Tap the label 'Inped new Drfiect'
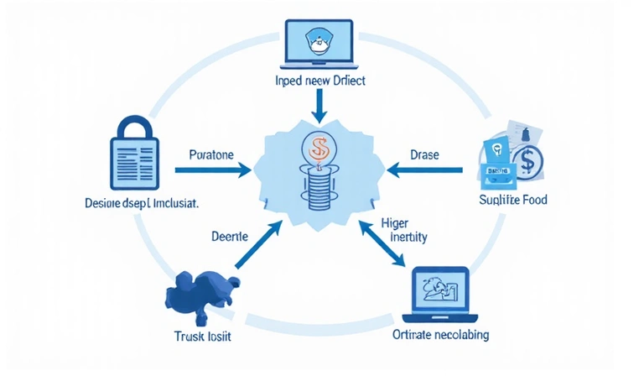coord(322,82)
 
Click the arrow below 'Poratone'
coord(213,170)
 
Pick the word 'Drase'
coord(425,155)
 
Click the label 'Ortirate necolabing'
coord(441,335)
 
